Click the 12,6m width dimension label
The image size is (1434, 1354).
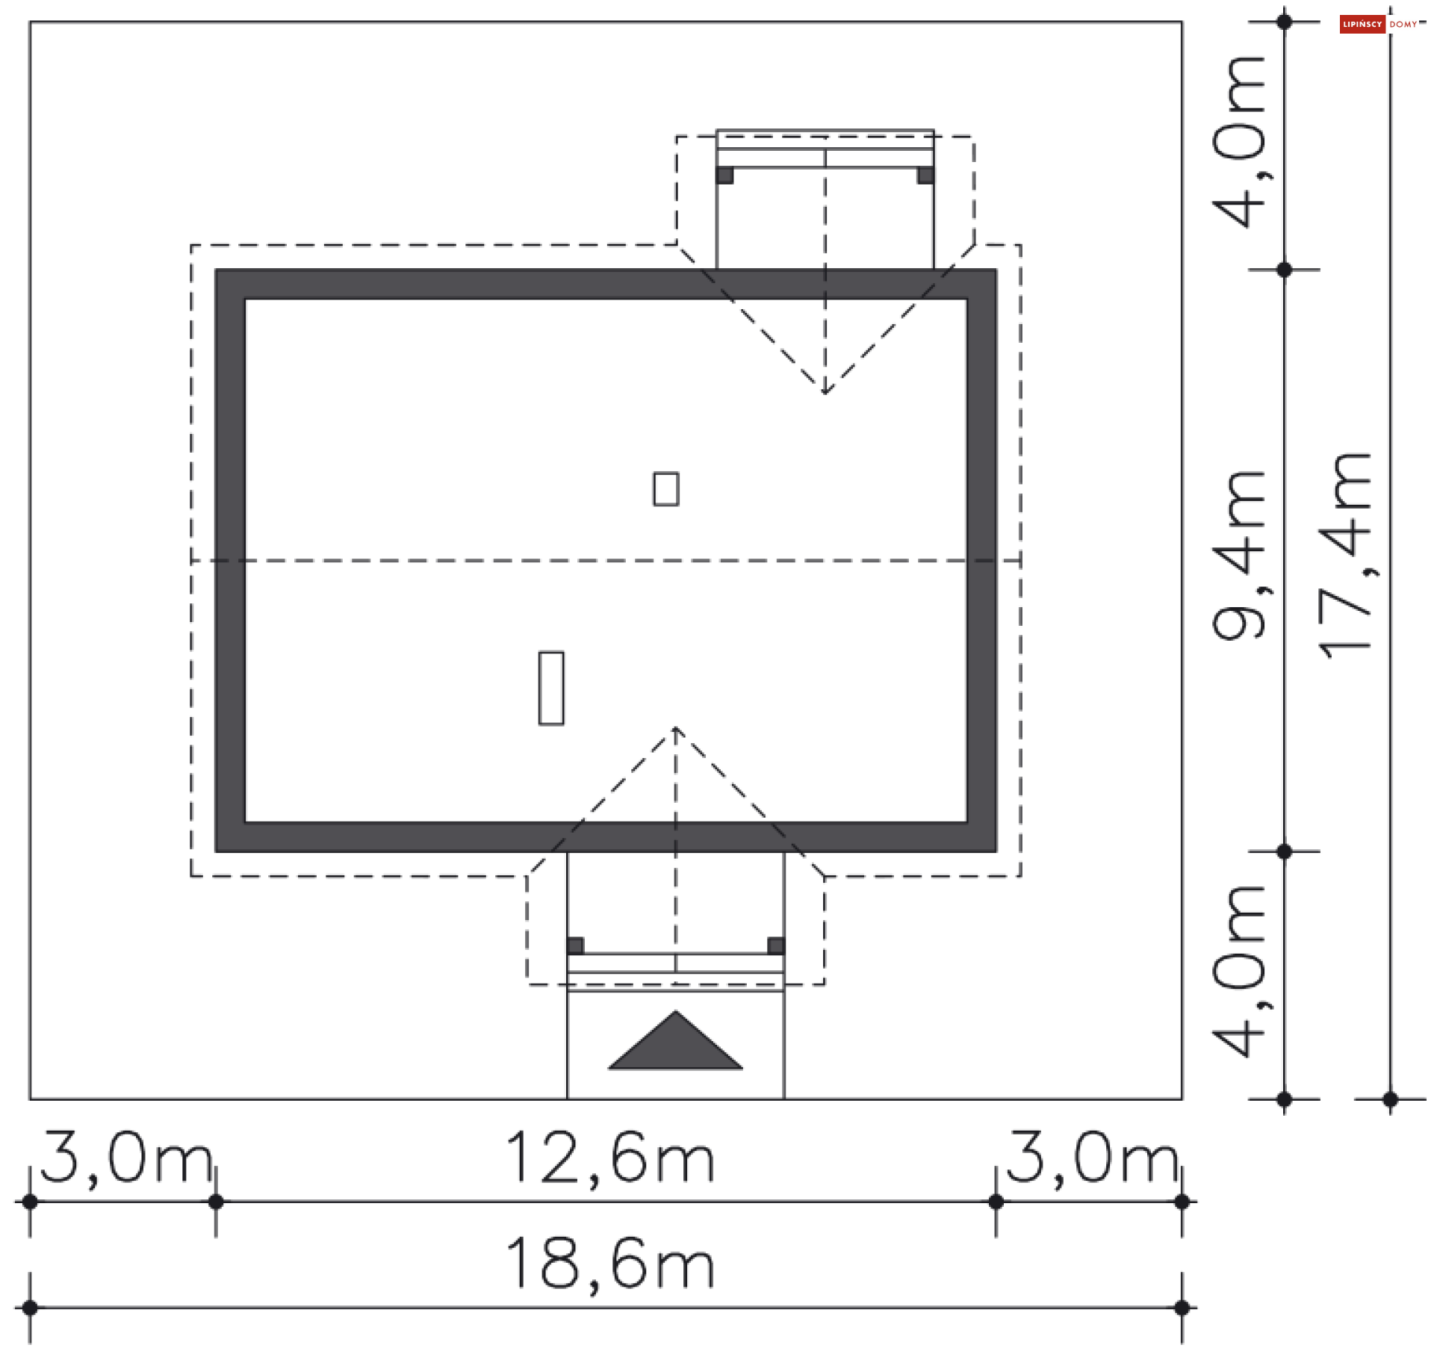pos(610,1158)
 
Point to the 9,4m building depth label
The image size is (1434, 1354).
pos(1238,556)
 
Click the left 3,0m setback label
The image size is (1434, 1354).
pos(126,1158)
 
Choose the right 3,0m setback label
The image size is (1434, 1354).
pos(1093,1158)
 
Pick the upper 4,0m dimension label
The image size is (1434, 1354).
pos(1238,142)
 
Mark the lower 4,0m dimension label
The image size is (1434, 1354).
pos(1238,972)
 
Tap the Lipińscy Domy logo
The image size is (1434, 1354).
pos(1379,25)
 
